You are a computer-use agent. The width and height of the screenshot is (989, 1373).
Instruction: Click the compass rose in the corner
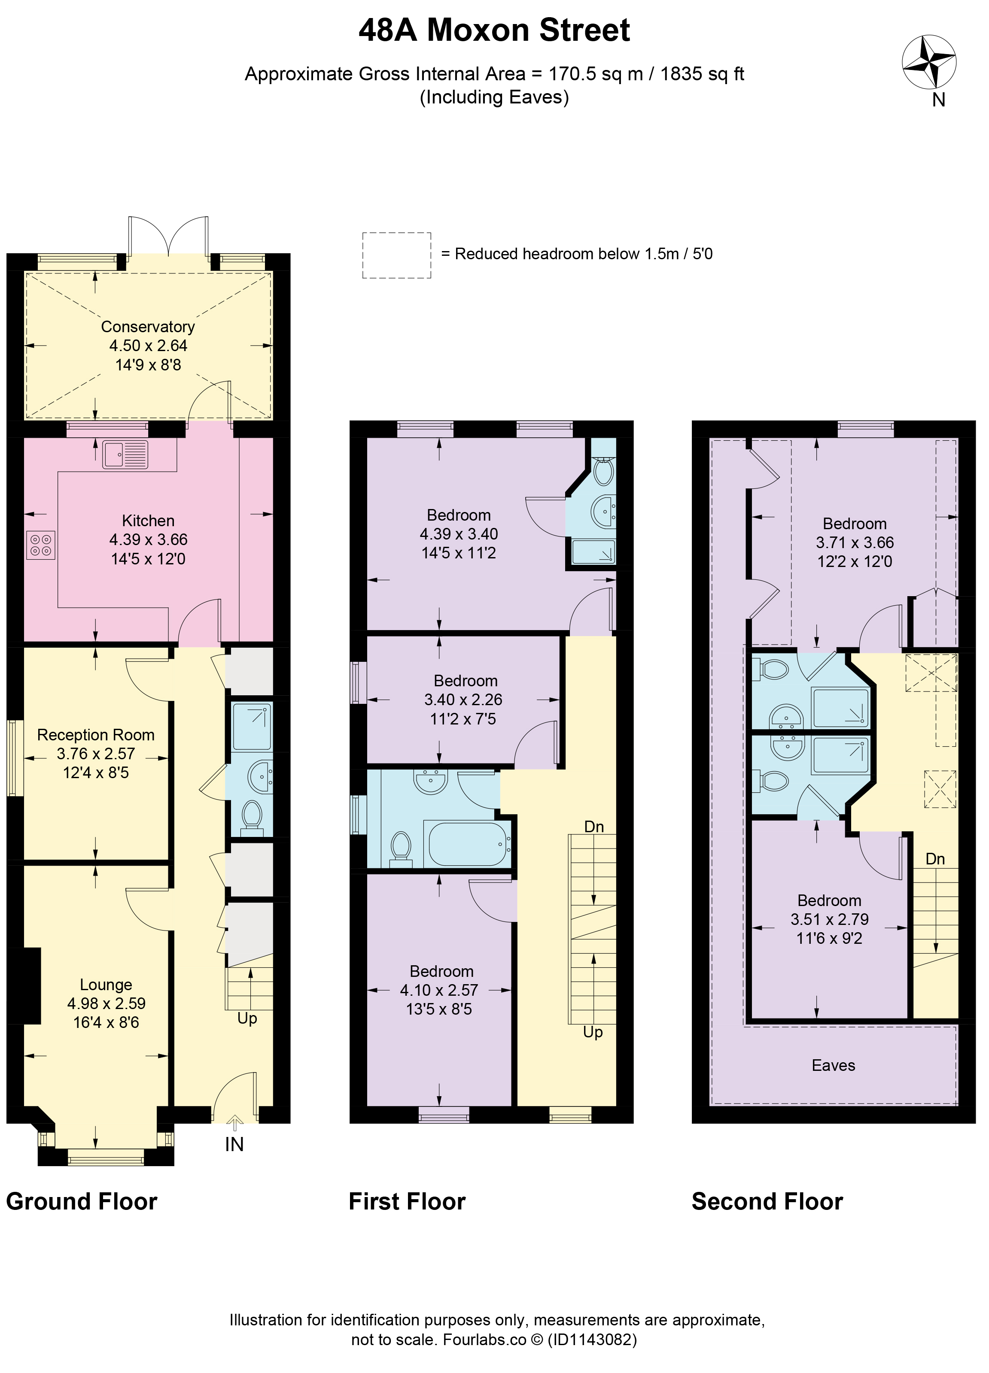[x=928, y=62]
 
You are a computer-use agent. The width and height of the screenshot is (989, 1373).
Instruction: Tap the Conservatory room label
[x=148, y=327]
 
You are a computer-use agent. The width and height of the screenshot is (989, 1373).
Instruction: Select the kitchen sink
[x=125, y=455]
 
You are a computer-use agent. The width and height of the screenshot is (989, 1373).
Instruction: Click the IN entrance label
[x=234, y=1144]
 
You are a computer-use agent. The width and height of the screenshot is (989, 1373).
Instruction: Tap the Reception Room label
[x=96, y=735]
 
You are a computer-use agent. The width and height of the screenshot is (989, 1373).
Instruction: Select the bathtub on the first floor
[x=469, y=844]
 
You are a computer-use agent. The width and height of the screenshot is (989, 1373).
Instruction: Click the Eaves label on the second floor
[x=834, y=1065]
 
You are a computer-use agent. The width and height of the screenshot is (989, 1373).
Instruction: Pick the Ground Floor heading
[x=82, y=1201]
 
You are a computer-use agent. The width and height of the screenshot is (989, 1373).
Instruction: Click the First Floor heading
[x=407, y=1201]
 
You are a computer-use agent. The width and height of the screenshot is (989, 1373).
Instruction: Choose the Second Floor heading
[x=767, y=1201]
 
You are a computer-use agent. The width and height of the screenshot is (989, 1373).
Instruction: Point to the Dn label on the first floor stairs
[x=594, y=826]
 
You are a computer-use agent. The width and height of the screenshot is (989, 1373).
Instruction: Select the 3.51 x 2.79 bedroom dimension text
[x=830, y=920]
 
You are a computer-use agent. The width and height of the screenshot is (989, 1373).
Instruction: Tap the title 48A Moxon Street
[x=494, y=30]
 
